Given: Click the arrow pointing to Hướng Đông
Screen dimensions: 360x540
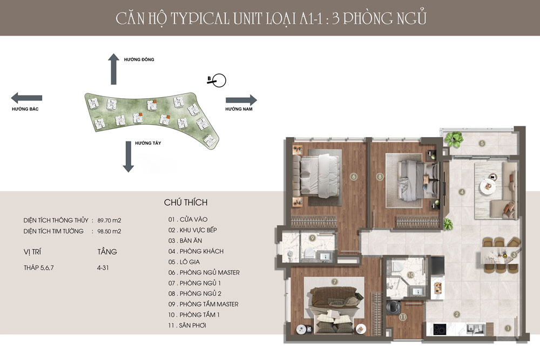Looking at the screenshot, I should [113, 69].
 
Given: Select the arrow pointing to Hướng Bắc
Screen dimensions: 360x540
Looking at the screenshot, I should [26, 98].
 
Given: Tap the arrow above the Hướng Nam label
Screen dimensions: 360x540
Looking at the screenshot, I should [241, 100].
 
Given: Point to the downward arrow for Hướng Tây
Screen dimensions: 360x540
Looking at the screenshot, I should [128, 157].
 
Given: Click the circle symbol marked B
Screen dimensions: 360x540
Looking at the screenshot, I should [219, 81].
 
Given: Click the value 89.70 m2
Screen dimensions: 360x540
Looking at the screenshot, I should [109, 220].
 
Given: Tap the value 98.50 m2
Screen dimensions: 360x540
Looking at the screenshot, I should [109, 231].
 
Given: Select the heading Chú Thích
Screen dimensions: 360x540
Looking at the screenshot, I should [186, 203].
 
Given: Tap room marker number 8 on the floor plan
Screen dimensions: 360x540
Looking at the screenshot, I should [380, 176].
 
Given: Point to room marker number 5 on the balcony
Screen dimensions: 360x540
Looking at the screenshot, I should [482, 143].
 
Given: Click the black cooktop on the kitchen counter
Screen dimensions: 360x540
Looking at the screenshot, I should [442, 328].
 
